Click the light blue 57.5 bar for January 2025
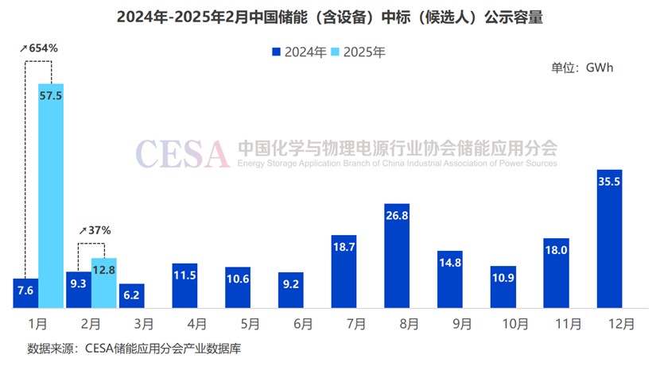click(x=51, y=195)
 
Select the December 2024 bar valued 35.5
click(x=608, y=238)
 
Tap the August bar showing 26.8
click(x=397, y=255)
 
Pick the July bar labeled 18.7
click(x=344, y=271)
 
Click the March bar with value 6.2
click(x=132, y=295)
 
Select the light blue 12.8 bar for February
click(x=104, y=283)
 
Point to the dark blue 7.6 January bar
click(x=25, y=293)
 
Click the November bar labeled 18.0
click(x=556, y=272)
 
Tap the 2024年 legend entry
click(x=299, y=52)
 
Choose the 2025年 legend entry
click(x=359, y=52)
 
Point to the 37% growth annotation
click(x=95, y=230)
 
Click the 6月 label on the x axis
click(x=291, y=324)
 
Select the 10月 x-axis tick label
click(x=503, y=324)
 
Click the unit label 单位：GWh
click(x=582, y=67)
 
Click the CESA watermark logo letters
click(x=182, y=152)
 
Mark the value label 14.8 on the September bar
click(x=449, y=263)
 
